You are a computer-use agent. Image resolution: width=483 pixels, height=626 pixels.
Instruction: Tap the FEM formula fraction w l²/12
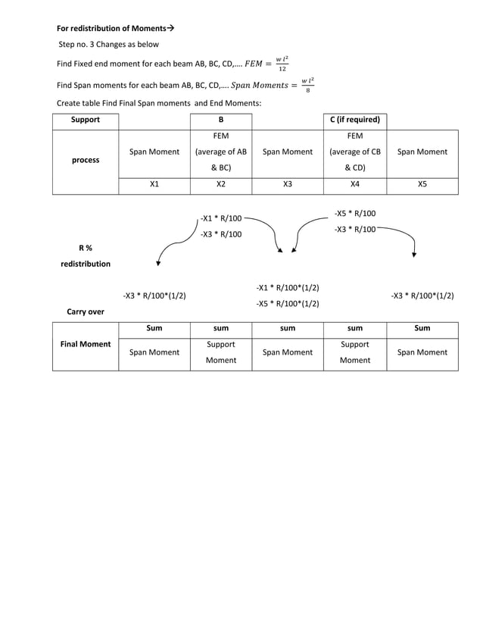pos(281,63)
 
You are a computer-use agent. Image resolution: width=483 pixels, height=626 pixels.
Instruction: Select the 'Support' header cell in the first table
pos(85,120)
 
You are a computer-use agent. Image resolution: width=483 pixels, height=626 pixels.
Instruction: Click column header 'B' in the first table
pos(220,120)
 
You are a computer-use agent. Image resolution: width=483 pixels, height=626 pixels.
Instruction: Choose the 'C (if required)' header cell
pos(354,120)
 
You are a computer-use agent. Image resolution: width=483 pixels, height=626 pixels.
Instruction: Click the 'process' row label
pos(85,160)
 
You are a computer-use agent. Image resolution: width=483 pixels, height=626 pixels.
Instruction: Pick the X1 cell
pos(154,184)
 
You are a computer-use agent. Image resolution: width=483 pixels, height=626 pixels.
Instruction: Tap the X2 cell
pos(220,184)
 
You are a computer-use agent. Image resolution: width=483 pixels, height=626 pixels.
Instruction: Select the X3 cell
pos(287,184)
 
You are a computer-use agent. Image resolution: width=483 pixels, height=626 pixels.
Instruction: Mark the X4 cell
pos(354,184)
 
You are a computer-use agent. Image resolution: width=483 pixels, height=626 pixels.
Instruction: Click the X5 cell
pos(422,184)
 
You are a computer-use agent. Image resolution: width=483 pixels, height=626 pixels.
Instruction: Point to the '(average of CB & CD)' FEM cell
pos(354,152)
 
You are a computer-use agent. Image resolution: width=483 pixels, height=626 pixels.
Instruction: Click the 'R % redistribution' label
pos(85,255)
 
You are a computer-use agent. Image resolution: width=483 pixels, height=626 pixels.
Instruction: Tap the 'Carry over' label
pos(85,311)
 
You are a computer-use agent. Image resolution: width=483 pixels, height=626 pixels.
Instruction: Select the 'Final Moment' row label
pos(85,344)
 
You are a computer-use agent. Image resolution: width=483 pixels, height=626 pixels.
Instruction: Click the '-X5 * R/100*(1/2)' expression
pos(288,303)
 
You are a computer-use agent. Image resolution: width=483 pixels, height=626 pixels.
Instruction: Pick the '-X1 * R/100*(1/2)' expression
pos(288,288)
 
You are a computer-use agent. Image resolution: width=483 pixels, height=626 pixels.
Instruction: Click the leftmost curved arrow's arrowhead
pos(157,264)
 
